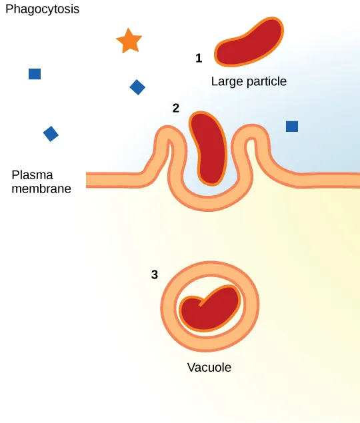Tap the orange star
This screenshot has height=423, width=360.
click(x=129, y=41)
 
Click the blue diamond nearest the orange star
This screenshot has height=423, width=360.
click(x=137, y=87)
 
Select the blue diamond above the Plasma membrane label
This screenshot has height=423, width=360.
click(x=51, y=134)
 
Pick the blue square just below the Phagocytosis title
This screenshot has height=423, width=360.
click(x=35, y=74)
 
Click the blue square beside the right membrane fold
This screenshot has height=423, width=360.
click(x=292, y=127)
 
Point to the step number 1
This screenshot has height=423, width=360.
click(x=199, y=59)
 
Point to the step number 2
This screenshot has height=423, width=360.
click(x=176, y=108)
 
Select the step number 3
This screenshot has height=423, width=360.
click(x=155, y=274)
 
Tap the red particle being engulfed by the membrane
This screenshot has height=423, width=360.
click(x=209, y=148)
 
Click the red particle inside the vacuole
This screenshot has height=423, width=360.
click(x=211, y=308)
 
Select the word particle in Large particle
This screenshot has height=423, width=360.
click(x=265, y=82)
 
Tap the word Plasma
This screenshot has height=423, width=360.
click(x=30, y=175)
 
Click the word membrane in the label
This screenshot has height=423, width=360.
click(x=41, y=189)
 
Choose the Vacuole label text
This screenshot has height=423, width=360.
click(x=209, y=367)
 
